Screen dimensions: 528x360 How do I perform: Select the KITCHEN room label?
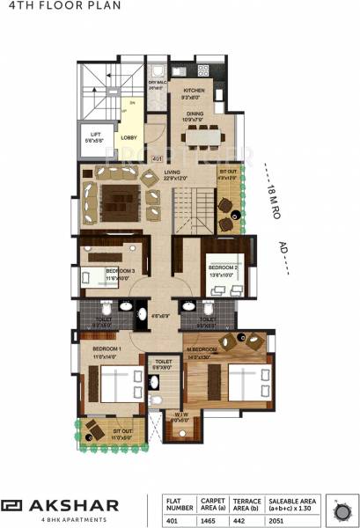point(194,91)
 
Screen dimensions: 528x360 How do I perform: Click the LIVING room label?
point(185,174)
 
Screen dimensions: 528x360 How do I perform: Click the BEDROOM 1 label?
point(106,350)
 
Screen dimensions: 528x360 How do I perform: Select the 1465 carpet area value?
point(215,519)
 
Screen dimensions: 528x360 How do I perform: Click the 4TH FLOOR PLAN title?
point(43,8)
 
